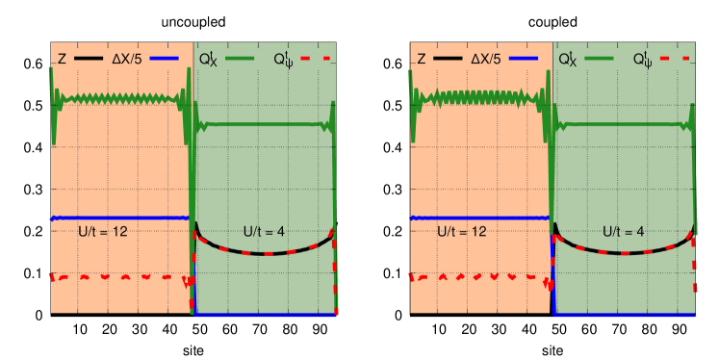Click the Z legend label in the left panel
click(x=62, y=59)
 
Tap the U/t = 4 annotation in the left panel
click(x=263, y=232)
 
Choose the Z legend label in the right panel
click(x=421, y=59)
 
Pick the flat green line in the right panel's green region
click(x=626, y=124)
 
